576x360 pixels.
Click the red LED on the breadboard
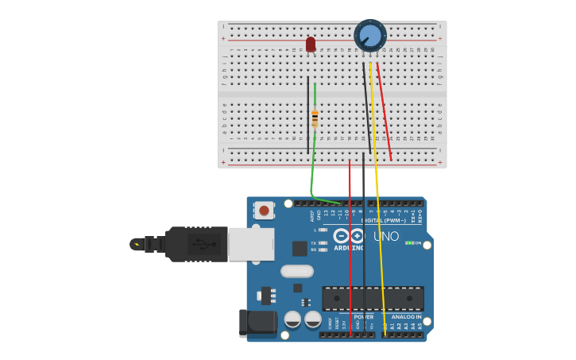coord(311,45)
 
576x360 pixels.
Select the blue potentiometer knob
coord(370,36)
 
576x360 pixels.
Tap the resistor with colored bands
coord(315,118)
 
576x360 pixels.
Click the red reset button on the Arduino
coord(263,211)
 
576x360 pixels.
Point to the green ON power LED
coord(408,243)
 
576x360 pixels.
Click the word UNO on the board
coord(386,236)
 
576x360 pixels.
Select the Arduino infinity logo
coord(349,236)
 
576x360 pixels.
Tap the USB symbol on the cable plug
coord(201,244)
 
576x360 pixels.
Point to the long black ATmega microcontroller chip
coord(372,298)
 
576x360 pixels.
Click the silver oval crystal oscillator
coord(296,271)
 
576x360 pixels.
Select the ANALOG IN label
coord(406,317)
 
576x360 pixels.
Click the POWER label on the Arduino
coord(363,317)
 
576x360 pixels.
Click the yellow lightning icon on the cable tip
coord(137,244)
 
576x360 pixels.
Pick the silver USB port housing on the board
coord(251,244)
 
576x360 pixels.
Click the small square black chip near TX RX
coord(300,249)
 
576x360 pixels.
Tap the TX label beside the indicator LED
coord(314,242)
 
